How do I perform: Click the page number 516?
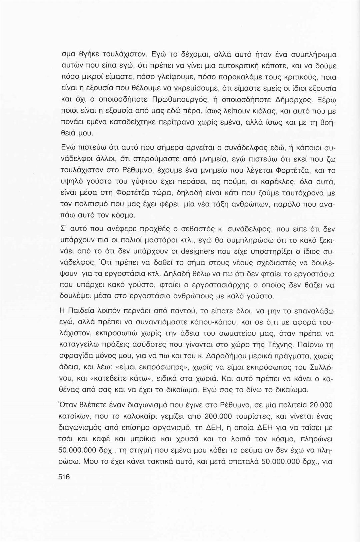pyautogui.click(x=64, y=477)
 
